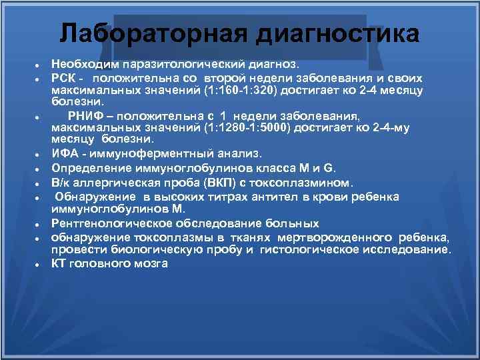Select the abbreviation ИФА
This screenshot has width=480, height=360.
(x=65, y=153)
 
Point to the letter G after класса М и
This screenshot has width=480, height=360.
(x=335, y=167)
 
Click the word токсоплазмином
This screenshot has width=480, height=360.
(x=308, y=182)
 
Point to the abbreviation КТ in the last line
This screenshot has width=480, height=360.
(x=59, y=263)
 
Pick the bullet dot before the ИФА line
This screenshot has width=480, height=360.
(x=39, y=155)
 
